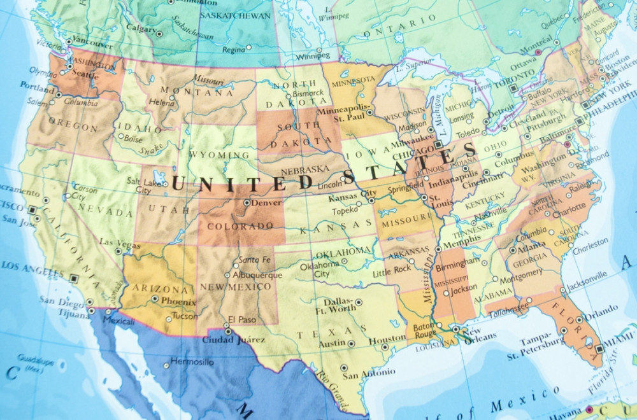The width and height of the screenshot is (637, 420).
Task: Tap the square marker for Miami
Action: (x=599, y=348)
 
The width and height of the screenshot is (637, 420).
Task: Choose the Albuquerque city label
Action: (x=257, y=275)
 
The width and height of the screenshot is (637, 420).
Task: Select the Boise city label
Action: (x=133, y=137)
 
